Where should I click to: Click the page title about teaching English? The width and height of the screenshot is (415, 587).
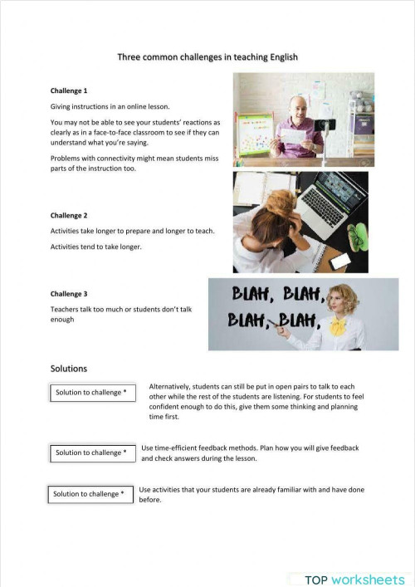[207, 57]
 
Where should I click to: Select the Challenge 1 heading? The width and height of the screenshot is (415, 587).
[69, 90]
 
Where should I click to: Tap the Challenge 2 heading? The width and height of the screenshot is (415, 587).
[69, 216]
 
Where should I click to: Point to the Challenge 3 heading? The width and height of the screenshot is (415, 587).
[69, 294]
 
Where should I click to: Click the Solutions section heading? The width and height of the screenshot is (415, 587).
[69, 368]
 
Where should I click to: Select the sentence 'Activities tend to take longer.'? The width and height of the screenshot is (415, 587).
[96, 247]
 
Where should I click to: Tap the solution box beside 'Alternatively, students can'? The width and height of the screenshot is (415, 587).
[91, 392]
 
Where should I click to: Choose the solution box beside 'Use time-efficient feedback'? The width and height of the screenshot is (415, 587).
[91, 452]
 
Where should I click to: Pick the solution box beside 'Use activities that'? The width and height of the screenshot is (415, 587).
[89, 494]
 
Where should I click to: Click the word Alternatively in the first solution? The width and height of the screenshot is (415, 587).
[174, 386]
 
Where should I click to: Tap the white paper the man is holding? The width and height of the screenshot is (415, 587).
[295, 132]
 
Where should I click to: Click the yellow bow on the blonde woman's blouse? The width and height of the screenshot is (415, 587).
[338, 325]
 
